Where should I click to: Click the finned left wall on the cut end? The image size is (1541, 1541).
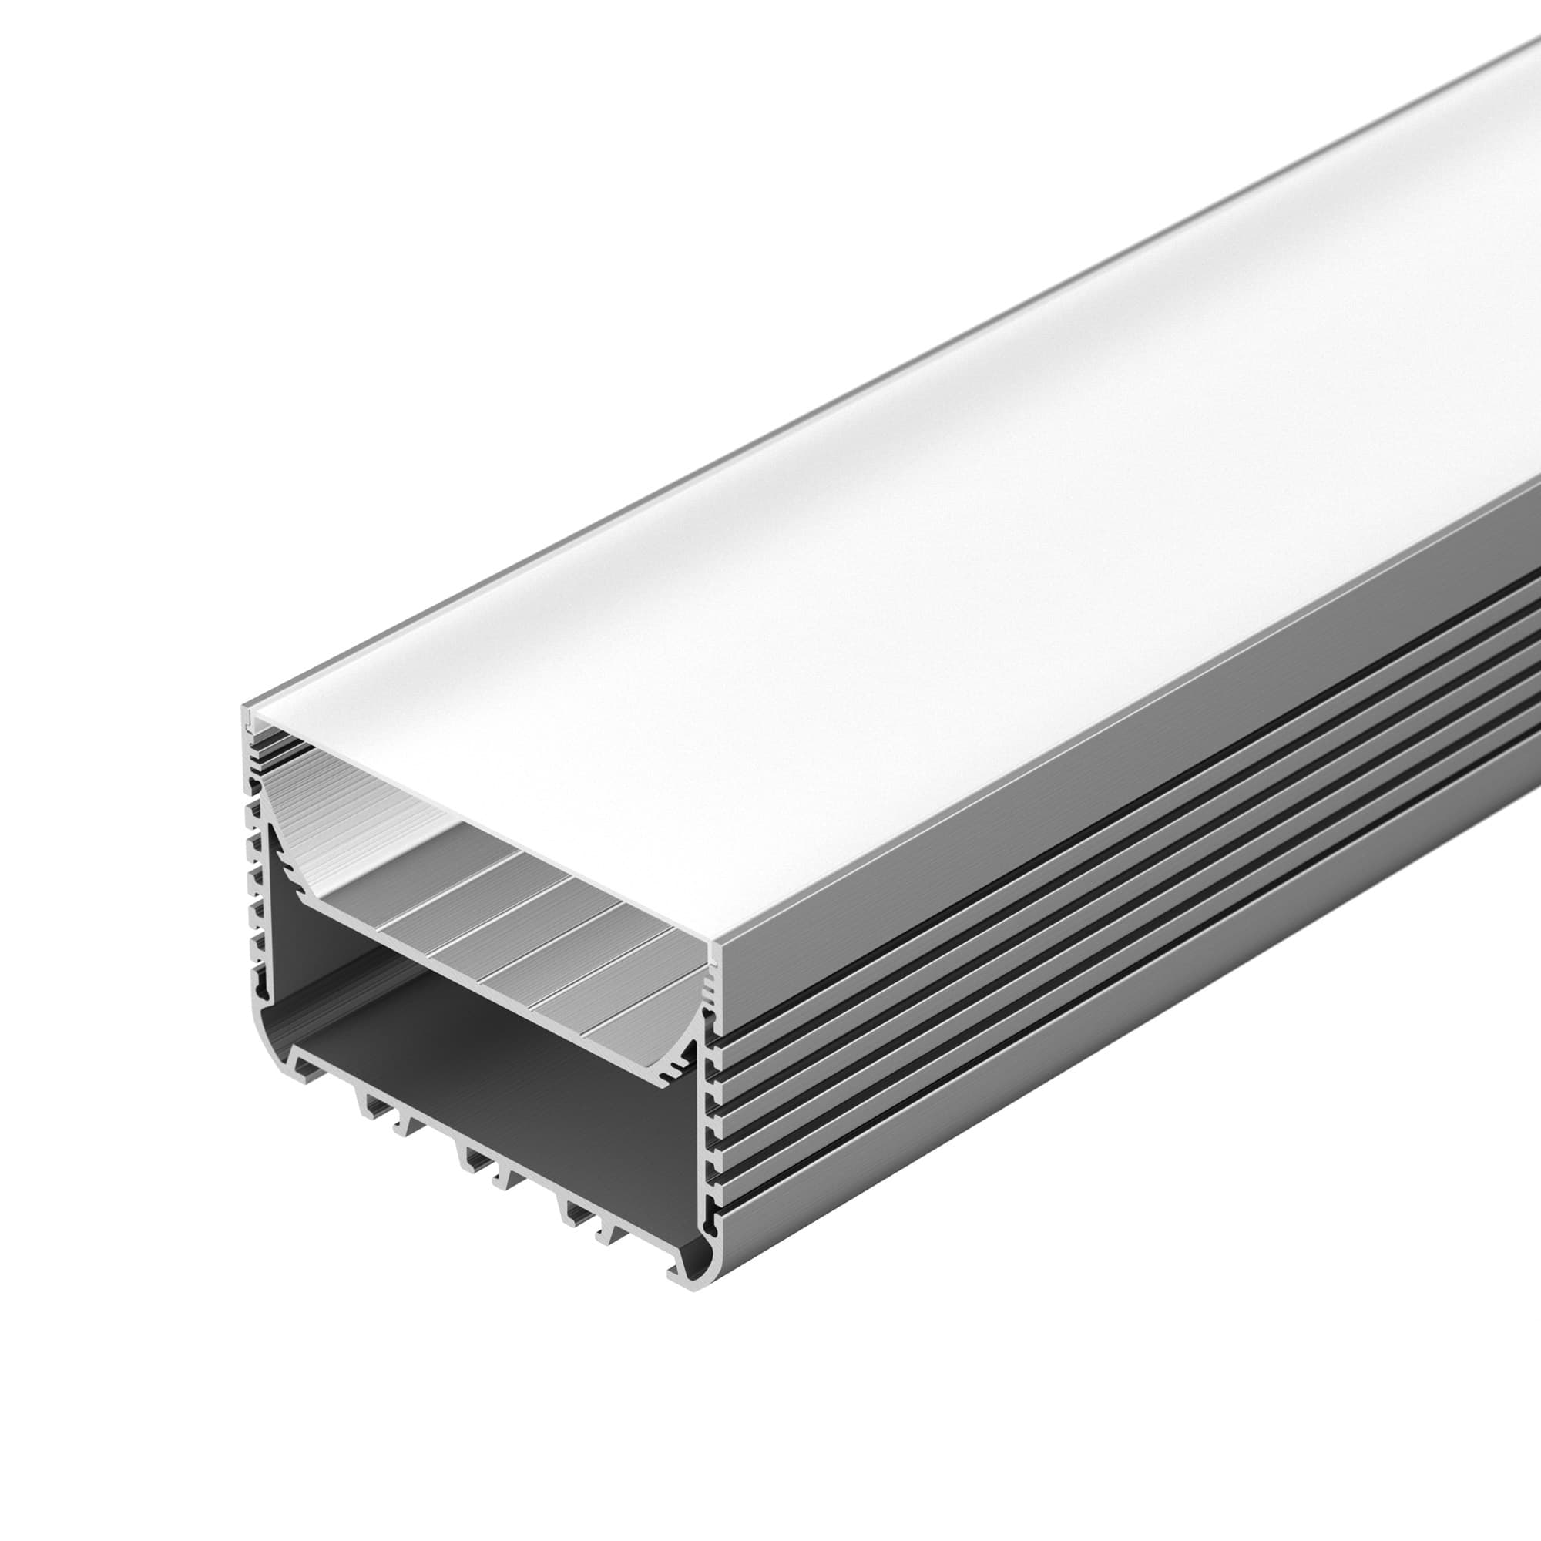tap(253, 878)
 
